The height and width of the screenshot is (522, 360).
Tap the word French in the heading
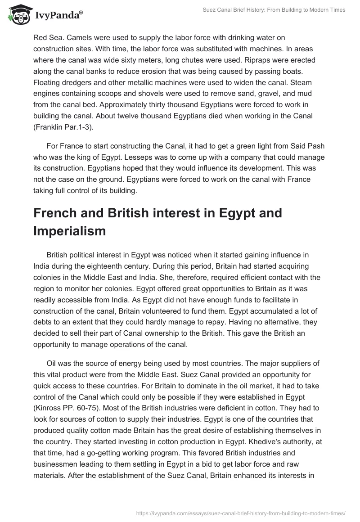click(x=56, y=212)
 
